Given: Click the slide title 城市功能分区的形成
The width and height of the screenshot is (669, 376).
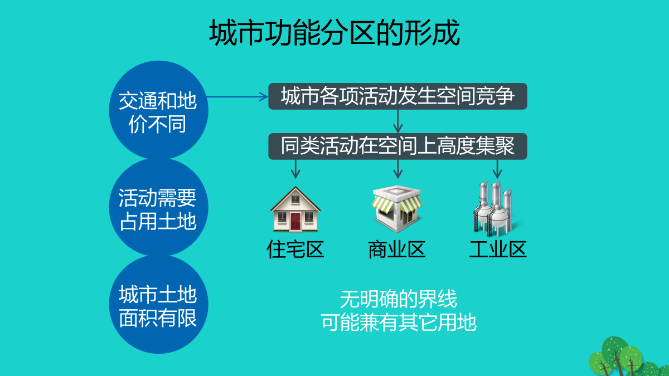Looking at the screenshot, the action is (334, 32).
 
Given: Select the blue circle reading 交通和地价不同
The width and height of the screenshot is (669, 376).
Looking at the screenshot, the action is (158, 110).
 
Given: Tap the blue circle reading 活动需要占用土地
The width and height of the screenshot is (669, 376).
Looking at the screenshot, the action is (158, 207).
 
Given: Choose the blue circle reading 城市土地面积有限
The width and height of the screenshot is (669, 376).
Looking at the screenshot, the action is (158, 304).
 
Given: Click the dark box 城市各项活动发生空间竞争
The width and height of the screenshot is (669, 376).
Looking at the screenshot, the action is (398, 96).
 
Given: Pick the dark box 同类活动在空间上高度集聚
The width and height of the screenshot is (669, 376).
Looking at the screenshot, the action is (398, 146).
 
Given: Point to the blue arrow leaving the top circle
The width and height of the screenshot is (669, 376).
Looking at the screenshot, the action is (237, 97).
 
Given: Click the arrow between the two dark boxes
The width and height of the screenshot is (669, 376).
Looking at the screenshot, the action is (398, 121).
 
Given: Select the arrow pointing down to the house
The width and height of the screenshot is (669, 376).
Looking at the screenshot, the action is (295, 169).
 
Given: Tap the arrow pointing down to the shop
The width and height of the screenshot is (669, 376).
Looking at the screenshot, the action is (398, 169).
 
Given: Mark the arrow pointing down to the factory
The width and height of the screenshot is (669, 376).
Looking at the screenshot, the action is (497, 169).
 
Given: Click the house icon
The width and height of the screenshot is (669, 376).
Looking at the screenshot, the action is (295, 209).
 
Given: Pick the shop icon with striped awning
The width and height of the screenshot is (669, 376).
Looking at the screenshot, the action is (397, 209).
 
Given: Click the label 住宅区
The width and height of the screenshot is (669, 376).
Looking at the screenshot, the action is (295, 249).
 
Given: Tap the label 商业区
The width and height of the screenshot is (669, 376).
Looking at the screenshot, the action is (397, 249).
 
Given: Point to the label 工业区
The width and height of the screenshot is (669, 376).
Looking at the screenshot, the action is (498, 249).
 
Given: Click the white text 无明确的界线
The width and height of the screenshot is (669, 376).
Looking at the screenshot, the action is (399, 299).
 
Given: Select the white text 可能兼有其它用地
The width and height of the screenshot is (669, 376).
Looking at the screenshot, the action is (399, 323).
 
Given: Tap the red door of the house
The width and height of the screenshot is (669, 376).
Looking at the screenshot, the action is (295, 221).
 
